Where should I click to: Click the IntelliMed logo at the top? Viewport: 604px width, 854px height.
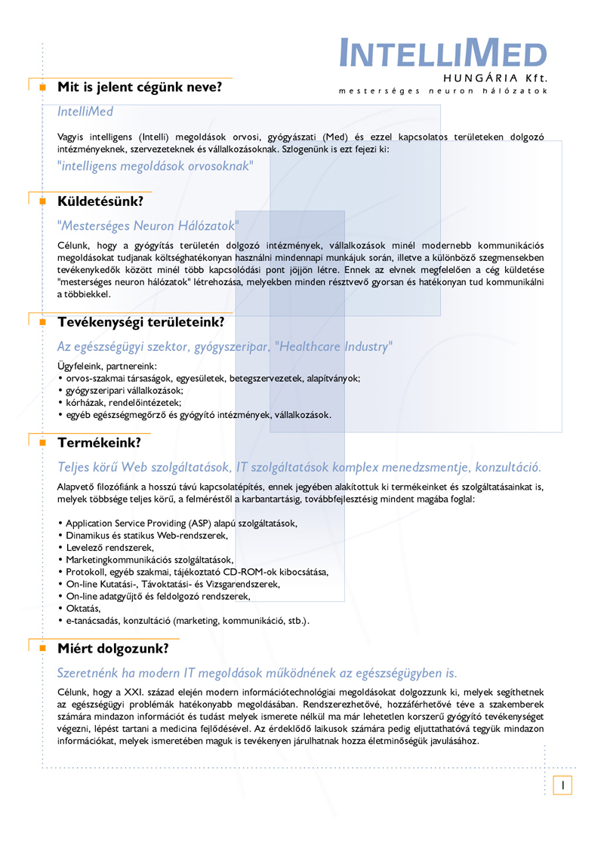click(x=443, y=53)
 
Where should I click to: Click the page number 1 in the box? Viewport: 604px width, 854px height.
click(x=562, y=785)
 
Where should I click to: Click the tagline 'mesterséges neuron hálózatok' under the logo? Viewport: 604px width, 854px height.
click(x=443, y=91)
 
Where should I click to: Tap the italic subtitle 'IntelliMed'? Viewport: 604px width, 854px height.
click(x=85, y=112)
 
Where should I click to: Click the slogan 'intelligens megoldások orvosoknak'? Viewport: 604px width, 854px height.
click(x=156, y=165)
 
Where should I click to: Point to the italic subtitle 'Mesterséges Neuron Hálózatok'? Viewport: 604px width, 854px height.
click(x=148, y=226)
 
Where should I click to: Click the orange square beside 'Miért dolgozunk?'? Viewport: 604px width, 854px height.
click(x=43, y=648)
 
